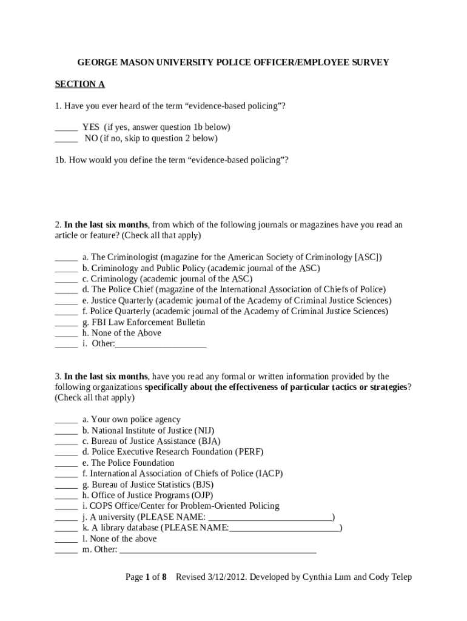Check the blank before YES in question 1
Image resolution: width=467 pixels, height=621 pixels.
click(66, 128)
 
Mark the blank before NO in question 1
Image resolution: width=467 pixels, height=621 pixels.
click(66, 139)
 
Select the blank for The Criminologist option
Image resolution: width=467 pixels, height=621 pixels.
click(66, 258)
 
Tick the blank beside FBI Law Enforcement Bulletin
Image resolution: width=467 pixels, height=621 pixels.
click(66, 323)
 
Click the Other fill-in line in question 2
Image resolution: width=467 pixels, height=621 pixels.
click(161, 344)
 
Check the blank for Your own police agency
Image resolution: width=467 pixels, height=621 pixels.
click(66, 420)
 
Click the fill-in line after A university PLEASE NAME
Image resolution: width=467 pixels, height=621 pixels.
click(270, 518)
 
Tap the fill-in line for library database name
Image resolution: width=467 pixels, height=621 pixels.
click(284, 529)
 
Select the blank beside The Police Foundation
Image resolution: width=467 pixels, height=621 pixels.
click(66, 463)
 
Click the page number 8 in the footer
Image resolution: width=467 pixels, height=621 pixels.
click(164, 577)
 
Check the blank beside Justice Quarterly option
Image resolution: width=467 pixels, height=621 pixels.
click(66, 301)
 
